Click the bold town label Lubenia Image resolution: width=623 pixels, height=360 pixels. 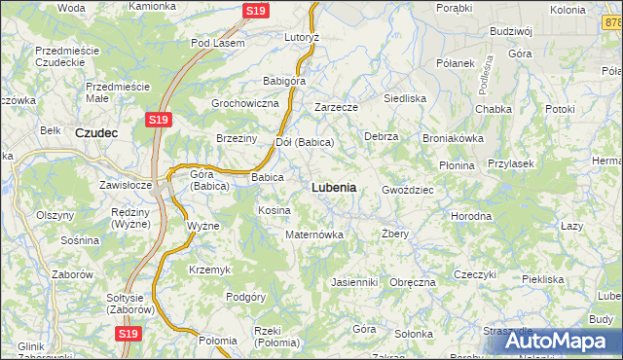[333, 187]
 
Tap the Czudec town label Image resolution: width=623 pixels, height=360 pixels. [96, 132]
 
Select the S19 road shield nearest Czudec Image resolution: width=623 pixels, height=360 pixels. [160, 120]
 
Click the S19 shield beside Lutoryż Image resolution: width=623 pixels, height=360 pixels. [255, 11]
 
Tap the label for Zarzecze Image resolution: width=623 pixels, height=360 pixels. [337, 107]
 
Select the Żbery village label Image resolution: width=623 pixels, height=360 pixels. [395, 234]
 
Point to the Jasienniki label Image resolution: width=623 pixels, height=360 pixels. [353, 282]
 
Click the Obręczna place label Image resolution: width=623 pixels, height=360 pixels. [412, 282]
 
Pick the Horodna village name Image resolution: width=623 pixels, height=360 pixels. [470, 216]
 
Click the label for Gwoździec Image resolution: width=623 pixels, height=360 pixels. [408, 189]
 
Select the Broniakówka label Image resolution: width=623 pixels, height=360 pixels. [453, 138]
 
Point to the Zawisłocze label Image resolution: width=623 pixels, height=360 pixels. [126, 184]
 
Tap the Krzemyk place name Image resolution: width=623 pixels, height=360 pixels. [208, 269]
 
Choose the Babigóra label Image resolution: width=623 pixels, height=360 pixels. [284, 81]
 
